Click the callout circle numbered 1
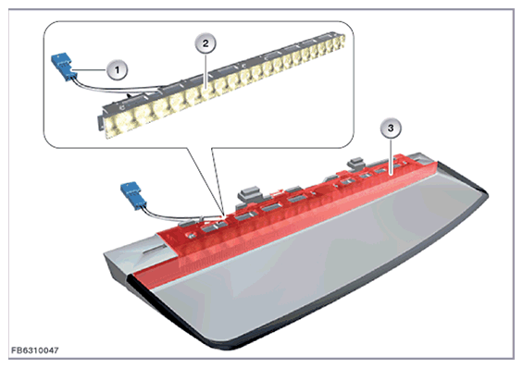[117, 70]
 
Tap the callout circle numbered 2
[205, 43]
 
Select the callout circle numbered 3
[391, 128]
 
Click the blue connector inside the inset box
[62, 67]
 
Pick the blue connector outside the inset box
[133, 196]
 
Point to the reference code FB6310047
[35, 350]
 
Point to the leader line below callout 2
[205, 69]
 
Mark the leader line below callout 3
[391, 154]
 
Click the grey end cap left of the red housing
[133, 255]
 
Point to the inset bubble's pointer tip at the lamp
[223, 215]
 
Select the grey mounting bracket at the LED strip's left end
[101, 121]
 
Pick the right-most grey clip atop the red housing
[355, 162]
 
